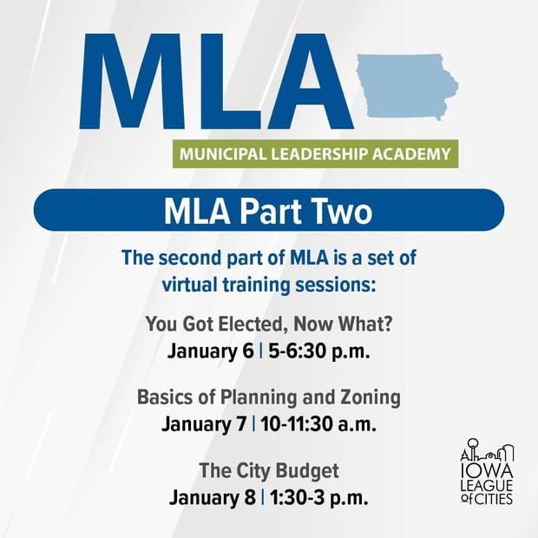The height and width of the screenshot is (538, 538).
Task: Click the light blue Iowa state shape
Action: click(406, 87)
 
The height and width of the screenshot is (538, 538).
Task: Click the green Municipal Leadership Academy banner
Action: click(315, 154)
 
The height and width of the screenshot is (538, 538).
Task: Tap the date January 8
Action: click(212, 498)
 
